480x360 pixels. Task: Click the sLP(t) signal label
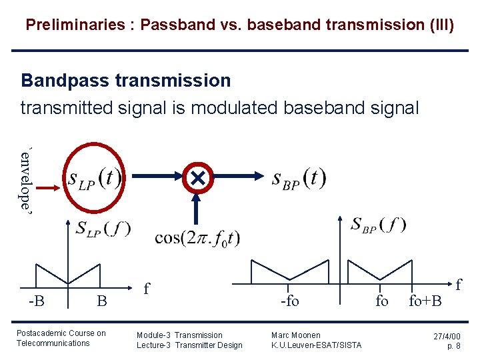94,179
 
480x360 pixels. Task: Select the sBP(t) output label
299,178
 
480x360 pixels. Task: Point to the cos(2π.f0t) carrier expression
197,238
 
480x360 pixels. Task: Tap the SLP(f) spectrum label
103,229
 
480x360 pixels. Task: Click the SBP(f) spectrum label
379,225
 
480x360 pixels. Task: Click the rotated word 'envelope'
25,178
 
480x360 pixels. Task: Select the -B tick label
37,301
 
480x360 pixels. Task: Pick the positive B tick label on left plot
101,301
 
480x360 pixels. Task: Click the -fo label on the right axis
290,301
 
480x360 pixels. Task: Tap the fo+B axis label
425,301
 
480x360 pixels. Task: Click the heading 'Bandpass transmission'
126,81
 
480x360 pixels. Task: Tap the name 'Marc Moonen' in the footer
296,335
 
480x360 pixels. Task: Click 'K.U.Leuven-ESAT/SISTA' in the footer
317,345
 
